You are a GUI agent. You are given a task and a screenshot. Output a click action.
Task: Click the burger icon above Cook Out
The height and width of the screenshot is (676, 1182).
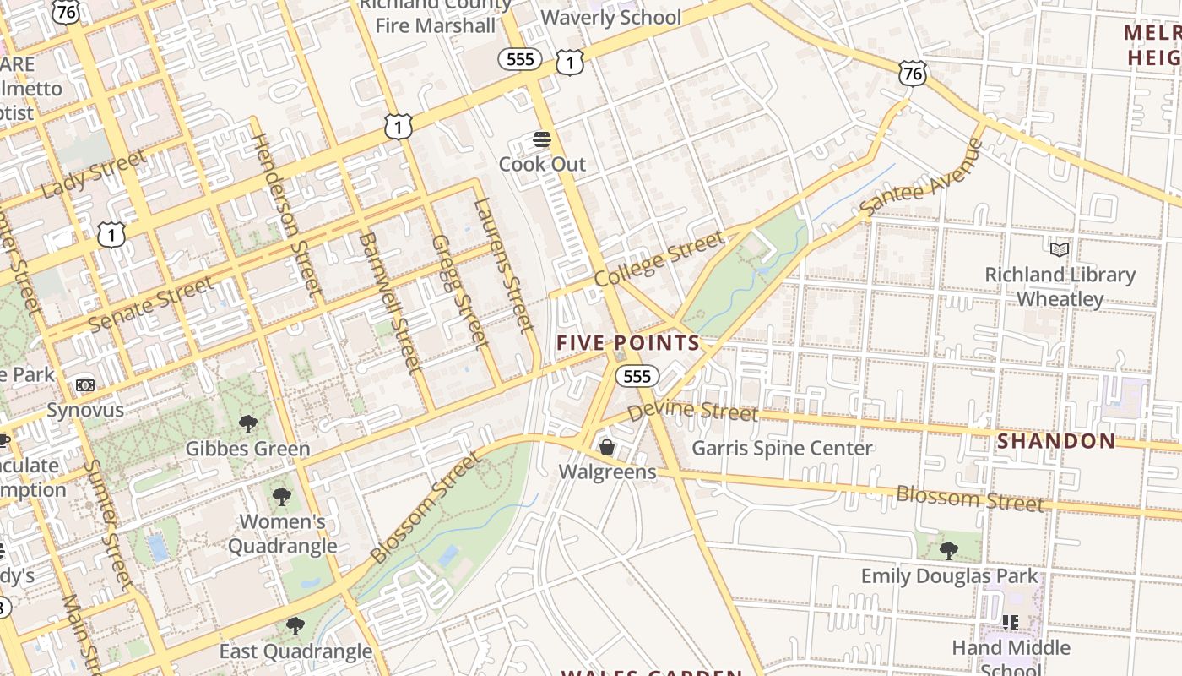click(x=542, y=139)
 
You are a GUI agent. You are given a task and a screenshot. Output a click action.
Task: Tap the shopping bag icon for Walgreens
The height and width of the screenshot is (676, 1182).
click(x=606, y=446)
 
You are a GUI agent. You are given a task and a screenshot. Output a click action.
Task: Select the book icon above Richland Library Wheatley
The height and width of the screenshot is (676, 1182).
click(x=1060, y=249)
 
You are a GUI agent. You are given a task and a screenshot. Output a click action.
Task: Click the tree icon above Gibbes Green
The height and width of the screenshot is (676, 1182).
click(x=247, y=423)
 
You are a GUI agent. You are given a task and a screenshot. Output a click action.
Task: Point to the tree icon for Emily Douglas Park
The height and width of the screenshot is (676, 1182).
click(x=949, y=551)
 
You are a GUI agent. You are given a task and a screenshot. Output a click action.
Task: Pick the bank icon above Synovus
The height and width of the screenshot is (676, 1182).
click(x=85, y=385)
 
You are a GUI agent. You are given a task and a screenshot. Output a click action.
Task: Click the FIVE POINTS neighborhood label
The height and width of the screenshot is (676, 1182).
click(x=628, y=342)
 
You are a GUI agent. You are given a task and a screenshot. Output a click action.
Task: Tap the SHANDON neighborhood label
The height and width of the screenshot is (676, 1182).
click(x=1056, y=440)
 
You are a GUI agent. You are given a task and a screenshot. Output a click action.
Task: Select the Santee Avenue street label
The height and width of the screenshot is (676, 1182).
click(x=922, y=177)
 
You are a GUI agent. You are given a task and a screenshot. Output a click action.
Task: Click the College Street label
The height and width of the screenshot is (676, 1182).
click(x=659, y=259)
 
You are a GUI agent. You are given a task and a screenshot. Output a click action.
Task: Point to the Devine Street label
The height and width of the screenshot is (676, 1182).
click(x=692, y=411)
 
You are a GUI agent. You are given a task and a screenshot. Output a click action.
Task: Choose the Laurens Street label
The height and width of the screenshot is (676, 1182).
click(x=504, y=264)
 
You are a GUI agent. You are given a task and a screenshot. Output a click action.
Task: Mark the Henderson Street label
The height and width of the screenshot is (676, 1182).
click(x=288, y=215)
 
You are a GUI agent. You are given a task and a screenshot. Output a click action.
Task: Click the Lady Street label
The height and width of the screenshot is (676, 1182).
click(x=93, y=175)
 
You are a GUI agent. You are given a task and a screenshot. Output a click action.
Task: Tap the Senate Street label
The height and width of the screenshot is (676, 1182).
click(x=150, y=304)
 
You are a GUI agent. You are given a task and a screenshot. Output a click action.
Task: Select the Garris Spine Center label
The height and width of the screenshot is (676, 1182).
click(x=782, y=448)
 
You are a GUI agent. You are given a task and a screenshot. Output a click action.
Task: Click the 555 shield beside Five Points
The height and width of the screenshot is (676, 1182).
click(x=637, y=376)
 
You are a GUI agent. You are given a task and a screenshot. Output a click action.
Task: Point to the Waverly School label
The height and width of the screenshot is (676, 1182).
click(x=610, y=17)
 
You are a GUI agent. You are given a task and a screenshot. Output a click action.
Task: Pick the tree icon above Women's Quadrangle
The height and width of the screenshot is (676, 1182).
click(x=282, y=497)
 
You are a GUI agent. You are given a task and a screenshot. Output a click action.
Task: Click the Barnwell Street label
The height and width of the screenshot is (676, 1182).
click(x=389, y=303)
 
